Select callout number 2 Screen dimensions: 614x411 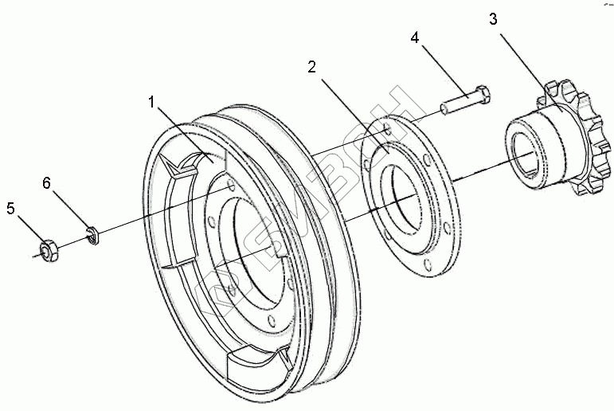313,66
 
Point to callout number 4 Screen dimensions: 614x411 415,38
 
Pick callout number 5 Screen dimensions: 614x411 10,209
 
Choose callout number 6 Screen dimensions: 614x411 47,183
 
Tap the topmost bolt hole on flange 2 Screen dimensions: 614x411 385,126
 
